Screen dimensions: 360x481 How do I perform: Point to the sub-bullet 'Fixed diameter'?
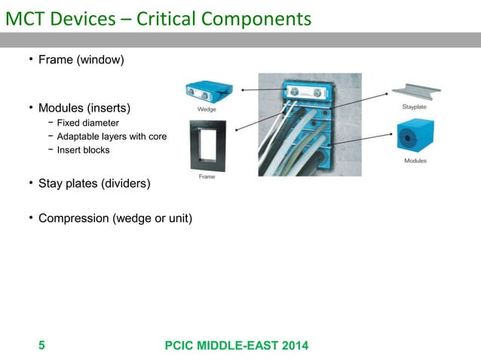click(x=87, y=123)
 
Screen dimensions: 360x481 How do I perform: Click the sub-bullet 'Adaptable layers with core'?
click(x=112, y=136)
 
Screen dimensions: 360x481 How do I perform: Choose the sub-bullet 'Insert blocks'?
click(x=83, y=150)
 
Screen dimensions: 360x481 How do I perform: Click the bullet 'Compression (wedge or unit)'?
click(x=115, y=219)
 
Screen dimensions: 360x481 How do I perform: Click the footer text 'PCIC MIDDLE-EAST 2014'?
click(x=235, y=346)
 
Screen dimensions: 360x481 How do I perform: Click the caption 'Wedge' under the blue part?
click(x=207, y=109)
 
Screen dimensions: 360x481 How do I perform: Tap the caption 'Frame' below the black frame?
click(x=207, y=176)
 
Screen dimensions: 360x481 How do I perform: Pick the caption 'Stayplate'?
click(x=415, y=108)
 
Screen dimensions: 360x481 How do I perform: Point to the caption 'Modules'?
click(x=415, y=161)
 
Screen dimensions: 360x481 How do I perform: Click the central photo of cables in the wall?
click(x=309, y=124)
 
